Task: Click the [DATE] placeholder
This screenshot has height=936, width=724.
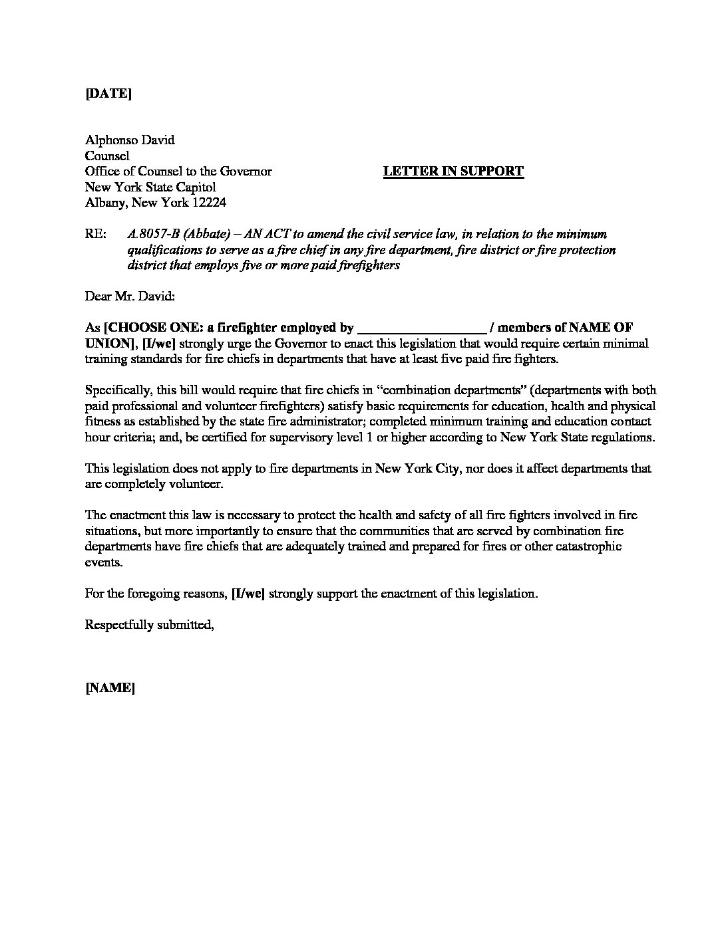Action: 108,94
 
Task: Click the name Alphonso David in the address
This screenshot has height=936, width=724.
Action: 130,140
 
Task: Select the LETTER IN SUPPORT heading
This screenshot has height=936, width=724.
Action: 453,172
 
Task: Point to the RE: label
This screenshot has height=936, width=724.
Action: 96,235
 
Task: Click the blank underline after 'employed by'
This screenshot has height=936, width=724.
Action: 422,328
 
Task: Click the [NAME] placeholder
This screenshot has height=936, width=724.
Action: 110,688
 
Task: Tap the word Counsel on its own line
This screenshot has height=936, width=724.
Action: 107,156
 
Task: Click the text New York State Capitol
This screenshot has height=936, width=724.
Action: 150,187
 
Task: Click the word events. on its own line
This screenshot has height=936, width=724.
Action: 104,562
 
